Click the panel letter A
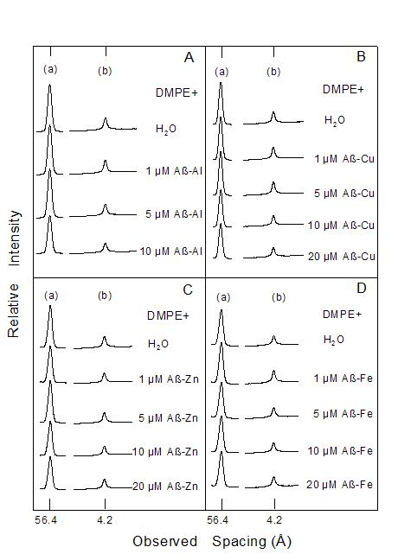(x=189, y=57)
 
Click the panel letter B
(x=361, y=56)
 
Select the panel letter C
(x=188, y=290)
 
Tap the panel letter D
(x=362, y=288)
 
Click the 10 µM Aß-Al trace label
(x=171, y=251)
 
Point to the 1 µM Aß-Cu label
(x=344, y=158)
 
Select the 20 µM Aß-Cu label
(x=342, y=257)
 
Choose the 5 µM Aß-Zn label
(x=168, y=418)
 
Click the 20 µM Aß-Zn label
(x=165, y=486)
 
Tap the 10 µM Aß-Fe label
(x=340, y=451)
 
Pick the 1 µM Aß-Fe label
(x=343, y=379)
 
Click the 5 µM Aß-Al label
(x=174, y=214)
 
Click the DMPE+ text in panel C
(x=168, y=315)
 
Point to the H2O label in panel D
(x=334, y=340)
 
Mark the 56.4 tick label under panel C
(x=46, y=520)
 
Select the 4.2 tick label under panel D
(x=274, y=519)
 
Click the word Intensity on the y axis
(x=15, y=239)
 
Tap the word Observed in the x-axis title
(x=165, y=542)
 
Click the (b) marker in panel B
(x=273, y=72)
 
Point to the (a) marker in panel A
(x=50, y=69)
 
